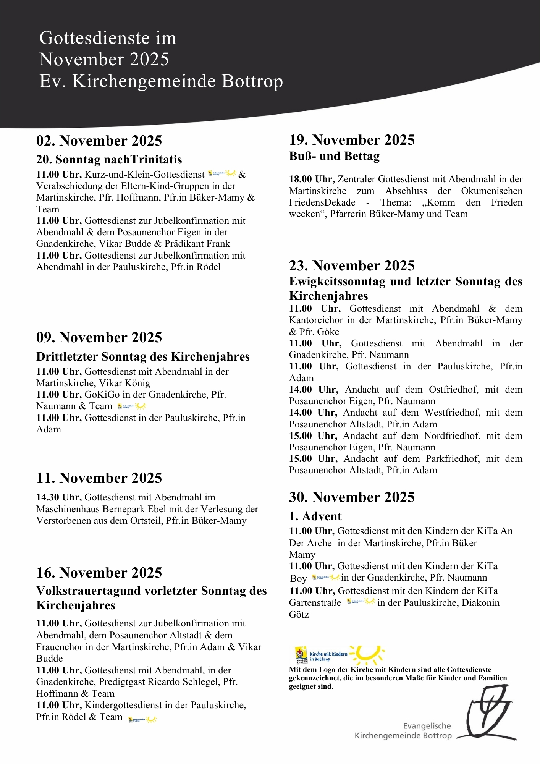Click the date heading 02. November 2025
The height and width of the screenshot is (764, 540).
(x=99, y=141)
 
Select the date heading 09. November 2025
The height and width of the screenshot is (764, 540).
(x=99, y=338)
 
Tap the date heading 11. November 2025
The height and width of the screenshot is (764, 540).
(x=99, y=478)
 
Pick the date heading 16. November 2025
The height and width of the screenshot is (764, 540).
(x=99, y=573)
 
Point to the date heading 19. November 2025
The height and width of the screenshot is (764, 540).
(x=352, y=140)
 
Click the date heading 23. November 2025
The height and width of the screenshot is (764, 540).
(x=352, y=266)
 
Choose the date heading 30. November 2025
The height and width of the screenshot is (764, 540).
(x=352, y=497)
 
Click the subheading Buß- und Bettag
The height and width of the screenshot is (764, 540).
(x=334, y=156)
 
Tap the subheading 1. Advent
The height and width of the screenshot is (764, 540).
(x=315, y=516)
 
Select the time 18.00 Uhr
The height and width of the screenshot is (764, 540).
(x=312, y=179)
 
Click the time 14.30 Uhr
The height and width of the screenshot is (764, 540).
(x=59, y=497)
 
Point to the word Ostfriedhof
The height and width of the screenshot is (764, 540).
(x=453, y=390)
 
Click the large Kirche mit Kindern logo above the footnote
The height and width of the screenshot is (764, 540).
(x=340, y=656)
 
